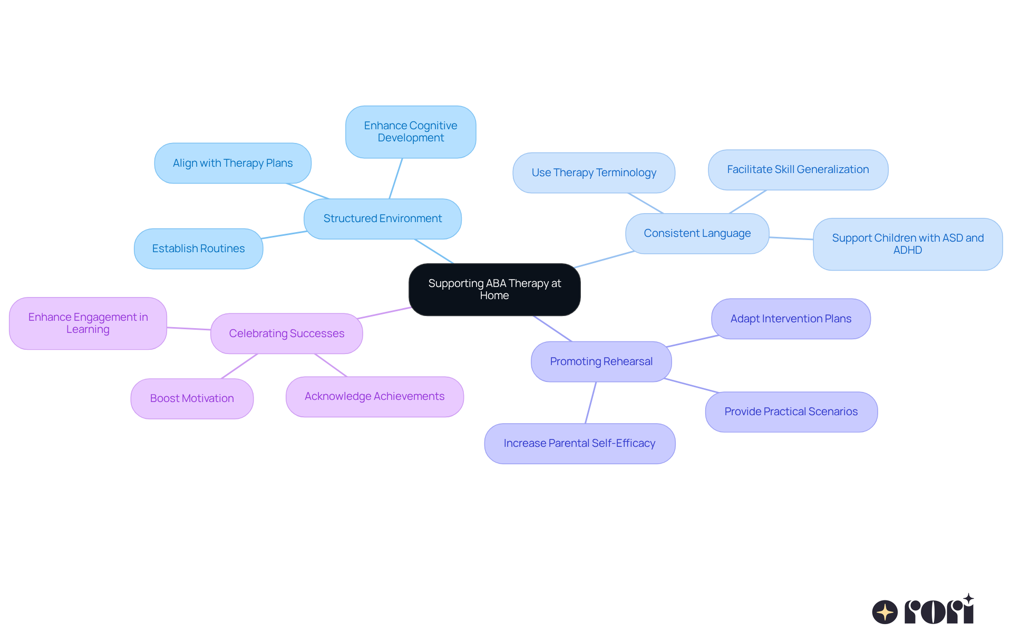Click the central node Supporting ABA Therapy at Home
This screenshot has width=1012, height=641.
pos(494,290)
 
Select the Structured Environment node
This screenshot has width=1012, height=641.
pos(383,219)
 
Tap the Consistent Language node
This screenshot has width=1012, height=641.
pos(697,234)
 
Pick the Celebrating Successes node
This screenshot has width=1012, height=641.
pos(286,333)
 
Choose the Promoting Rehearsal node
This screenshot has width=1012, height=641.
pos(601,361)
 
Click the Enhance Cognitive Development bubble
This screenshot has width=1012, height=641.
pos(411,132)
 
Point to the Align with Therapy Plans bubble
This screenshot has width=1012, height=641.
pos(232,163)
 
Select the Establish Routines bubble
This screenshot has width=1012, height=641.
pos(198,248)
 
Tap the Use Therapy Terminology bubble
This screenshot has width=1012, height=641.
pos(593,173)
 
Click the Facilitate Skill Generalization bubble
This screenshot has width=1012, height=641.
pos(797,170)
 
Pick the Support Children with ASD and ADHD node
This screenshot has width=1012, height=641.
pos(907,244)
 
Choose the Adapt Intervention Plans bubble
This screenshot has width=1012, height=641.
pos(791,319)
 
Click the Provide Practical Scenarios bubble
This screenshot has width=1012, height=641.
pos(791,412)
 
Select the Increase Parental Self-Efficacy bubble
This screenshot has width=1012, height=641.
pos(579,444)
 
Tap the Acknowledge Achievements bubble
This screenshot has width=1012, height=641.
pos(374,397)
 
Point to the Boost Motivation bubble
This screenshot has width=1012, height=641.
pos(192,399)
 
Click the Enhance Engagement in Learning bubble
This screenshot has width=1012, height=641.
pos(88,323)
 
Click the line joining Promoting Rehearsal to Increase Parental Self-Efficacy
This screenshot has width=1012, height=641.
pos(591,402)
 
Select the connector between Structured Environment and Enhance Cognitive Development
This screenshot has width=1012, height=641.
pos(396,178)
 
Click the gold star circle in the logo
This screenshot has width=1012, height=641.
pos(884,612)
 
